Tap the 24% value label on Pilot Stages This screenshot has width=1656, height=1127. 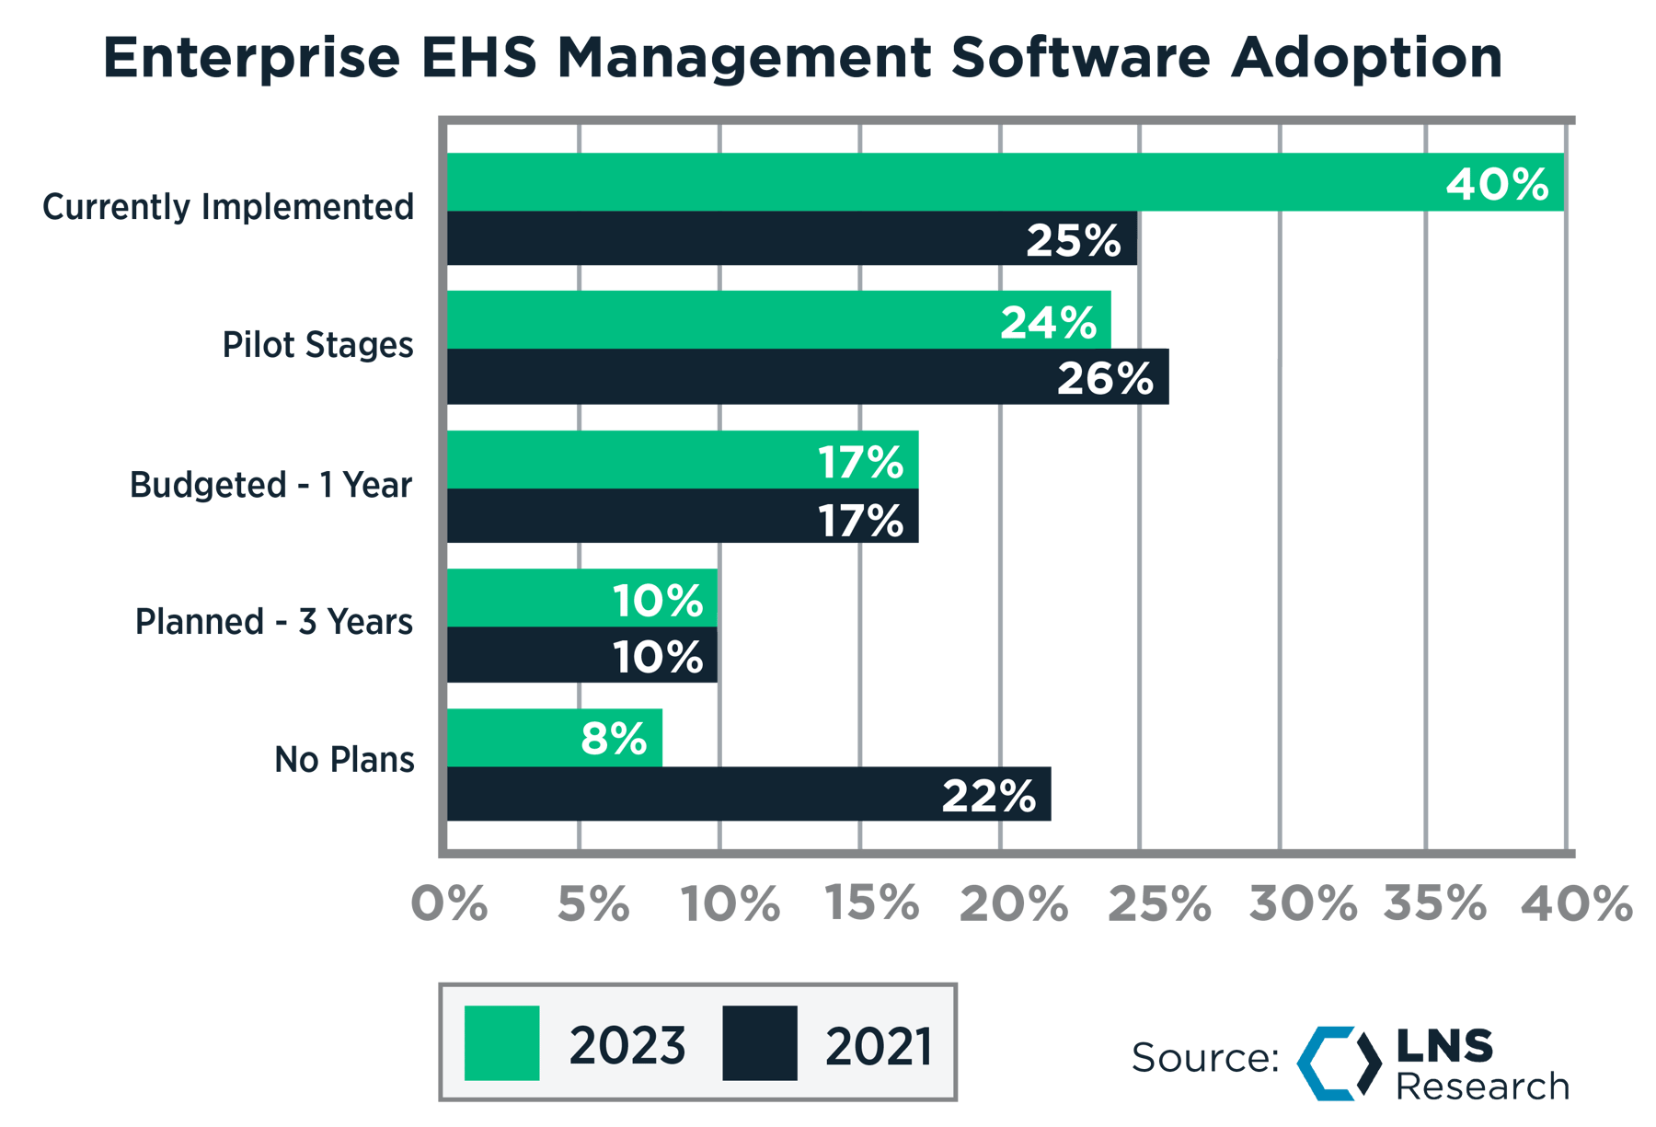click(1049, 322)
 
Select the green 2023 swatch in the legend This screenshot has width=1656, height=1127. click(501, 1043)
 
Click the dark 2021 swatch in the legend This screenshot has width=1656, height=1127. click(759, 1043)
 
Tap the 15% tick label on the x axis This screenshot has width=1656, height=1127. click(871, 903)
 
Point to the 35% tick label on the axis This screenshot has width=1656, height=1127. click(1435, 903)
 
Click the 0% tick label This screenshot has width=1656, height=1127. click(449, 903)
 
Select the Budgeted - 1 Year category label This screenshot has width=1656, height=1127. click(271, 485)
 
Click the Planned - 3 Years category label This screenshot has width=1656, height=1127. click(274, 622)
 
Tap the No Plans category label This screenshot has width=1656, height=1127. click(344, 760)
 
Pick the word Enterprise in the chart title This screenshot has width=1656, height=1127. click(252, 57)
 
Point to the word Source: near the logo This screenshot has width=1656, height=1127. click(1205, 1058)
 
